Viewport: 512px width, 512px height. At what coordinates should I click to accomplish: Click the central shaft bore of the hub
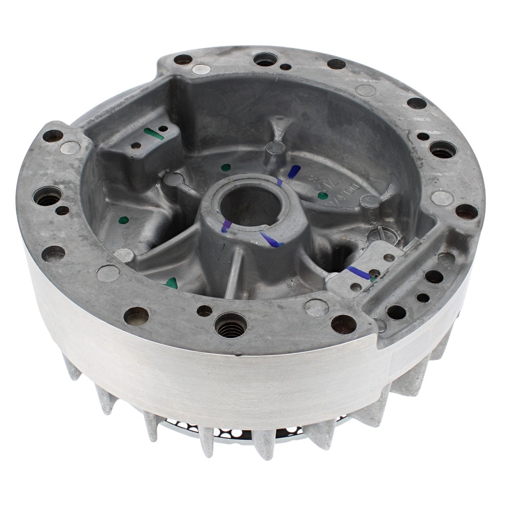(251, 205)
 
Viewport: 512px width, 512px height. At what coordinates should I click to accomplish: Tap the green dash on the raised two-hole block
(154, 134)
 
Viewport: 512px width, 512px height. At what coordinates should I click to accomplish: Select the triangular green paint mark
(172, 283)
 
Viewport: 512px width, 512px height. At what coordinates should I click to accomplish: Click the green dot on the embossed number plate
(323, 196)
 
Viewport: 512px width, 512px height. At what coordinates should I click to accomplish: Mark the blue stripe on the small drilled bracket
(358, 273)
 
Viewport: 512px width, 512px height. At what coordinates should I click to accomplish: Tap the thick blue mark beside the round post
(294, 172)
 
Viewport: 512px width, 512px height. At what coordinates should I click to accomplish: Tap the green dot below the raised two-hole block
(124, 220)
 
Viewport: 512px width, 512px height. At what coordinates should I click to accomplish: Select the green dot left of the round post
(226, 167)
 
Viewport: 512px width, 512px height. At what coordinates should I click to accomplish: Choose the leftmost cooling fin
(72, 368)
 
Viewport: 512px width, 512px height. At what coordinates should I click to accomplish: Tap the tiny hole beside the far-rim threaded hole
(286, 67)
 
